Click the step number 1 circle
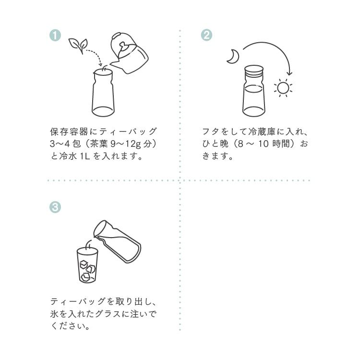(x=55, y=36)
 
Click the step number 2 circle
(x=206, y=36)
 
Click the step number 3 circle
(x=55, y=207)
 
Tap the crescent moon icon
(x=233, y=57)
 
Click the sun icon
(x=283, y=87)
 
